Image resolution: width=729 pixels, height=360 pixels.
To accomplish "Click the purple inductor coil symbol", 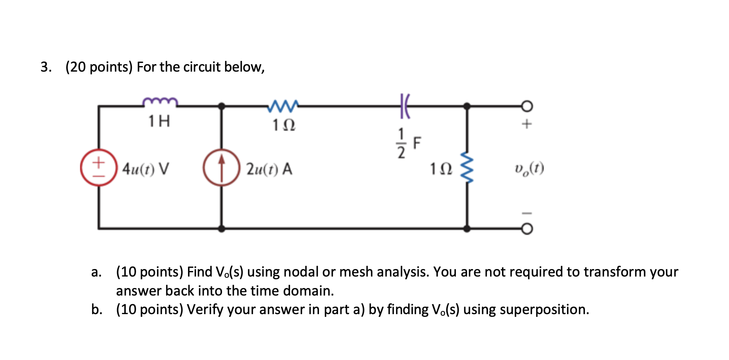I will [160, 102].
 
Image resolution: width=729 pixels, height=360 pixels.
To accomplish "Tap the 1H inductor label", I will [159, 121].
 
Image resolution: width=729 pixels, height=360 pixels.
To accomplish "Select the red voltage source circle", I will [99, 168].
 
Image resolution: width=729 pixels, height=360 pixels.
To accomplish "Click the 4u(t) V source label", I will [146, 169].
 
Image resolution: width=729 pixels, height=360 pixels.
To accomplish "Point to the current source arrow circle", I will [222, 168].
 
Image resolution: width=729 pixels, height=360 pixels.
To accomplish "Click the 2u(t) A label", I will [269, 169].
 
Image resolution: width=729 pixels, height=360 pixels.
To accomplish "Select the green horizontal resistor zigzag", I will [283, 105].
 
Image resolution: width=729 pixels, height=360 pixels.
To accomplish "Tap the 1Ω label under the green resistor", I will [283, 125].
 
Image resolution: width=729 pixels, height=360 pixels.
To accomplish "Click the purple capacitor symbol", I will [404, 106].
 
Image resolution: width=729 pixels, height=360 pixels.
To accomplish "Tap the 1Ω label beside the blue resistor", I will [441, 169].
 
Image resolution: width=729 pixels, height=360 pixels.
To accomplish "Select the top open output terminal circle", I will [527, 106].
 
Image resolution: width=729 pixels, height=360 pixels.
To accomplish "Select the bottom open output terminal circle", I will [527, 229].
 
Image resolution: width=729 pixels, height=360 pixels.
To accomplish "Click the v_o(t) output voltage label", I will [529, 169].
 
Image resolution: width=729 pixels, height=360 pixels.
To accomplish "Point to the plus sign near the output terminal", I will [526, 124].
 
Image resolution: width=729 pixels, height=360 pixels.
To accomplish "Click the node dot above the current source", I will [222, 106].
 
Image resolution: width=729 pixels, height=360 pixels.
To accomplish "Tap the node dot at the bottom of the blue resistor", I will [467, 229].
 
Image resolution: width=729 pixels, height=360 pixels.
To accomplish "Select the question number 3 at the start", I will [46, 67].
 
